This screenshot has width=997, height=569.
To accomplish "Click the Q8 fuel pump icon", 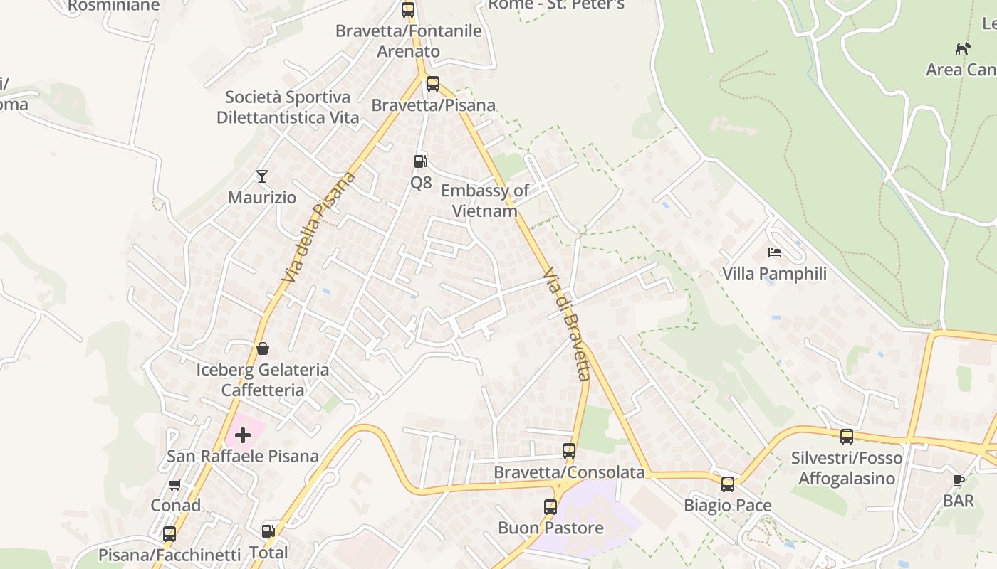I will pyautogui.click(x=421, y=161).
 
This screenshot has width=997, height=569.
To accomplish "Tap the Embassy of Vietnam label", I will pyautogui.click(x=484, y=201).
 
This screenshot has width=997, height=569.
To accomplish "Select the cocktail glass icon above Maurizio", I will pyautogui.click(x=262, y=176).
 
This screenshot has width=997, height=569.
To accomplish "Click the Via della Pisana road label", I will pyautogui.click(x=318, y=228).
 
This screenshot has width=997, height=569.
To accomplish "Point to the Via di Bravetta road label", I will pyautogui.click(x=566, y=324).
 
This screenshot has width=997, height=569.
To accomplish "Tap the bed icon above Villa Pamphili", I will pyautogui.click(x=775, y=252).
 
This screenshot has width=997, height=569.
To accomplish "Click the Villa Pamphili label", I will pyautogui.click(x=774, y=274).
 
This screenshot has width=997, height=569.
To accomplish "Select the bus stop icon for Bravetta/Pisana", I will pyautogui.click(x=433, y=84).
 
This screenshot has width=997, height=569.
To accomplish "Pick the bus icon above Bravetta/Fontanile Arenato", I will pyautogui.click(x=408, y=9).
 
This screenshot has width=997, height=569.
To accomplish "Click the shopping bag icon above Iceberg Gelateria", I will pyautogui.click(x=262, y=349).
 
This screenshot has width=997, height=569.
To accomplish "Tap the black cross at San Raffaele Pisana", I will pyautogui.click(x=243, y=435).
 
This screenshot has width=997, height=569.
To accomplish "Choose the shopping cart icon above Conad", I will pyautogui.click(x=174, y=484).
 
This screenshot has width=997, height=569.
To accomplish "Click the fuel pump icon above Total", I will pyautogui.click(x=268, y=531).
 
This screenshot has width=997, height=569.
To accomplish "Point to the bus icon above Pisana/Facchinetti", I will pyautogui.click(x=169, y=533).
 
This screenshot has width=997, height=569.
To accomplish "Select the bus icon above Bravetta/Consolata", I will pyautogui.click(x=569, y=450).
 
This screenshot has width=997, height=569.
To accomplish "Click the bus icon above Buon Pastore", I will pyautogui.click(x=550, y=506).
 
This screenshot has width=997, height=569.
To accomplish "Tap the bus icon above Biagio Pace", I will pyautogui.click(x=728, y=484).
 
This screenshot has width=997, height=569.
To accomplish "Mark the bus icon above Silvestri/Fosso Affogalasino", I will pyautogui.click(x=847, y=436).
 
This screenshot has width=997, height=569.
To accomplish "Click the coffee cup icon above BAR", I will pyautogui.click(x=959, y=480).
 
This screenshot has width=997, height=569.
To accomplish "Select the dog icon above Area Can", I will pyautogui.click(x=963, y=48).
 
